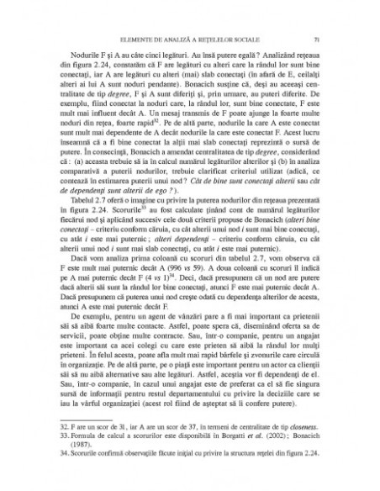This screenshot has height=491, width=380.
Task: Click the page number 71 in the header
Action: click(x=314, y=39)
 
